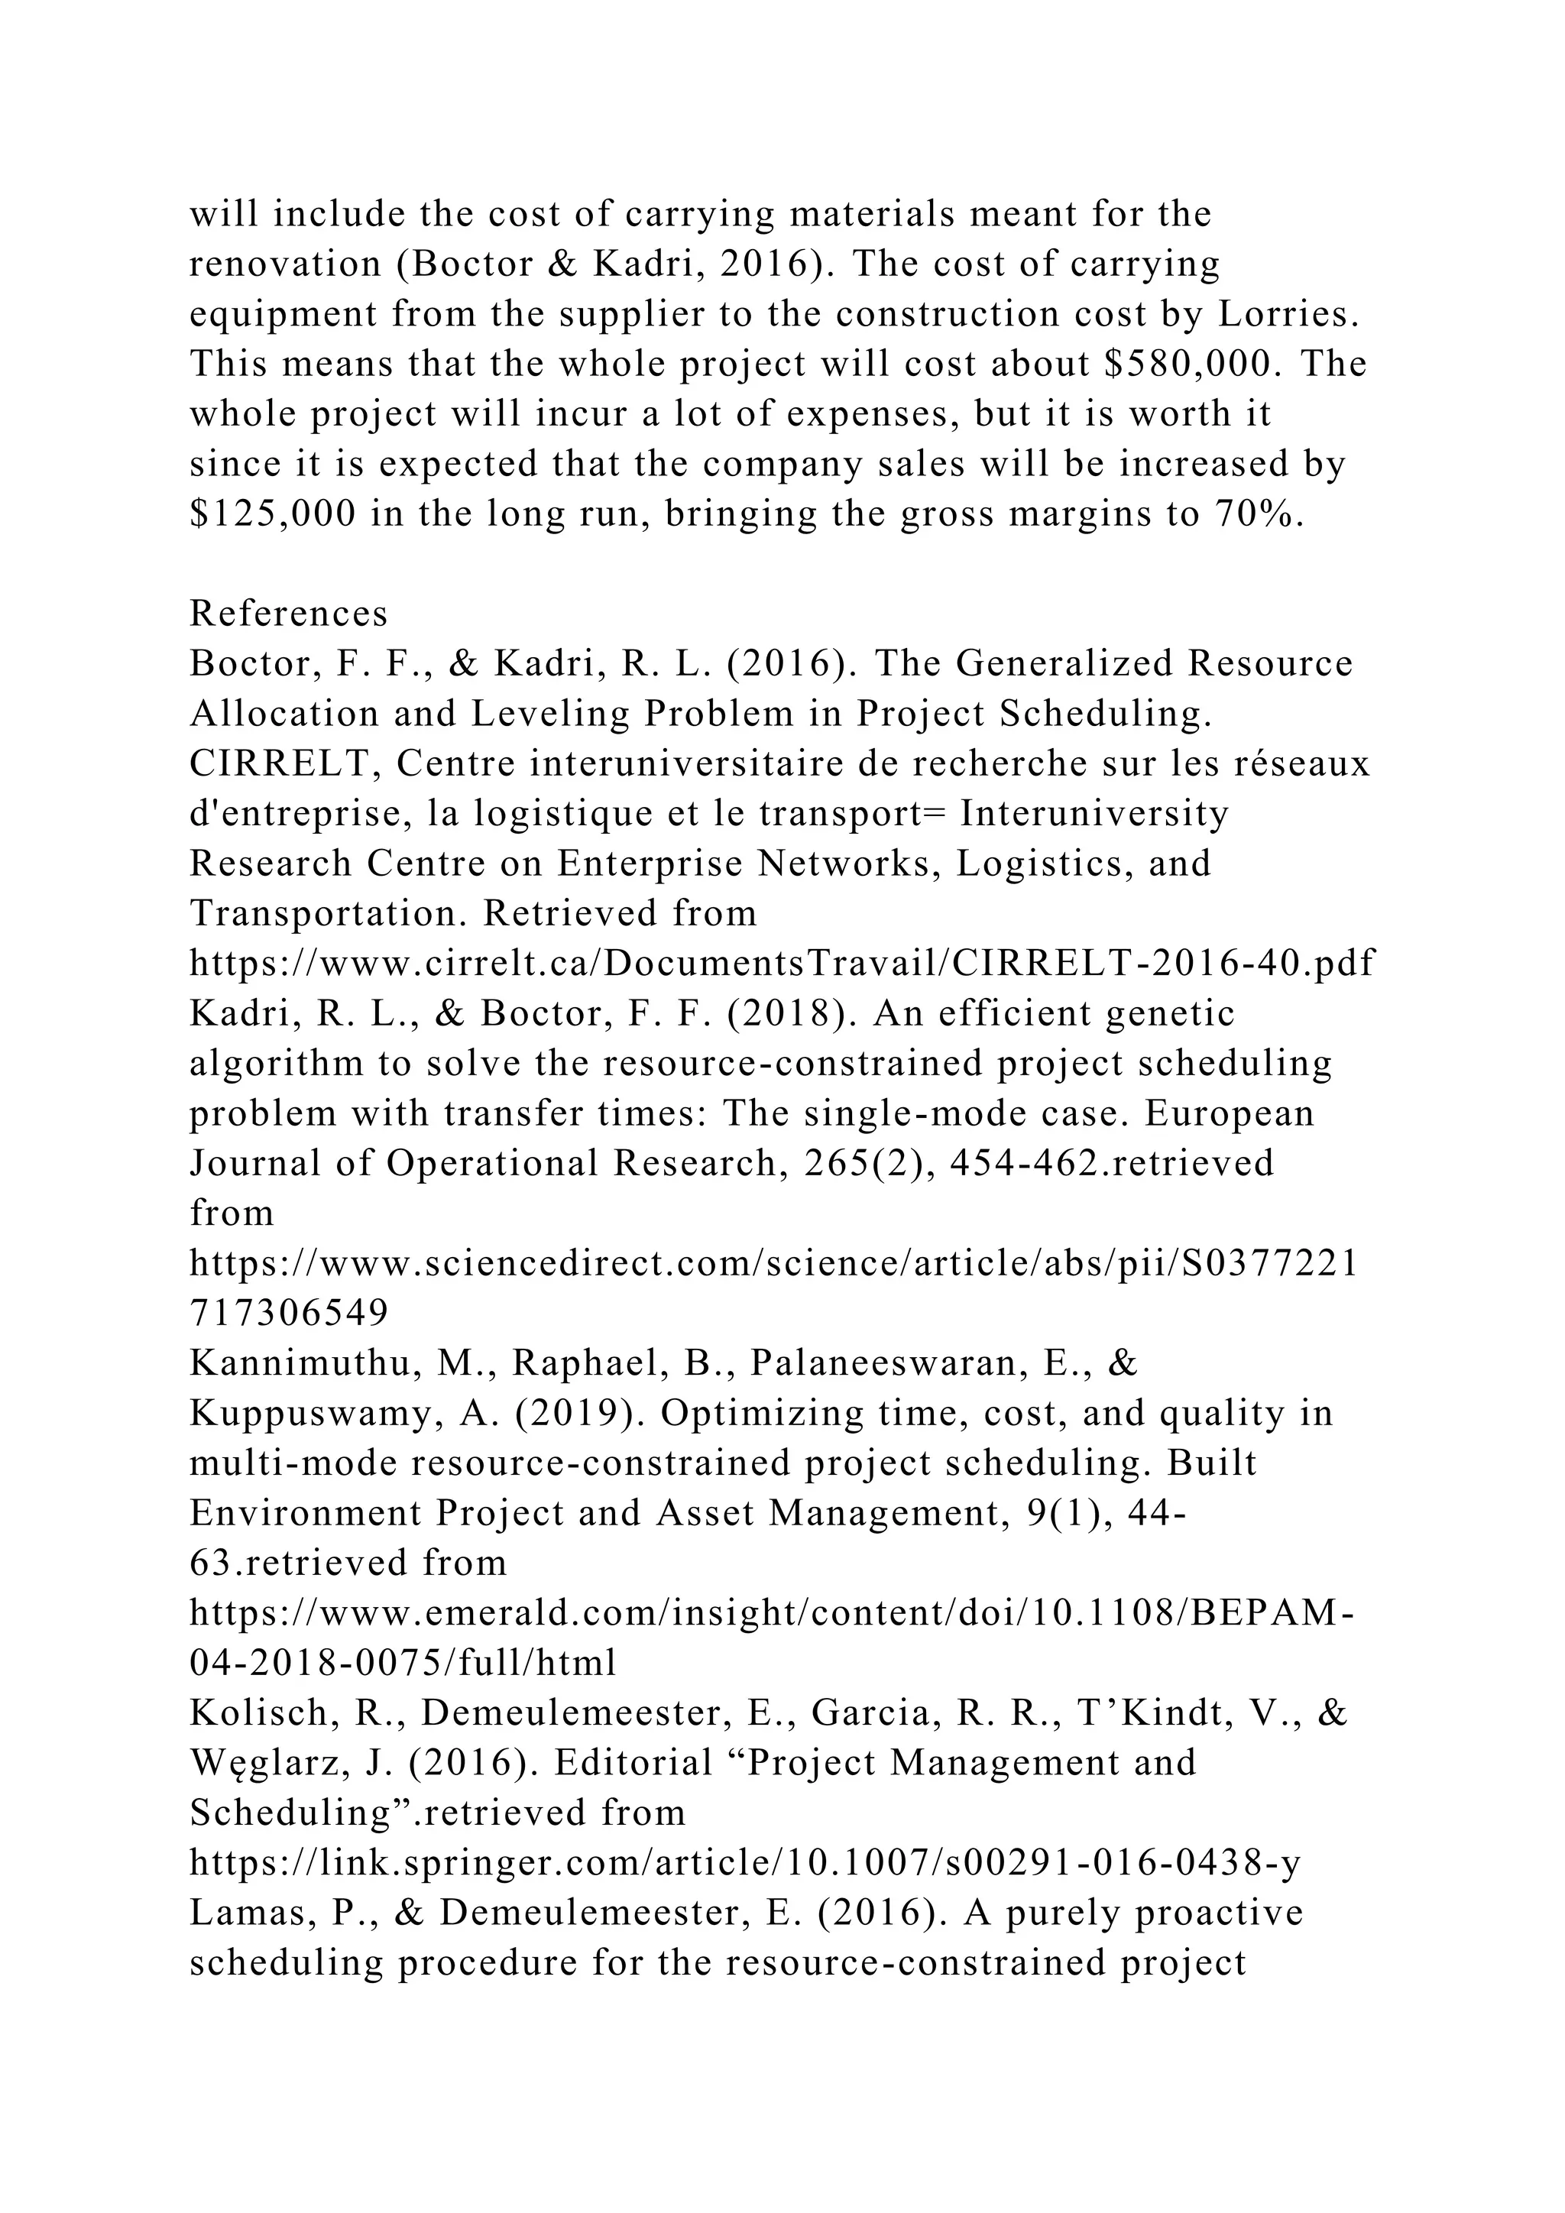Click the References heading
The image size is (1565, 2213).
pyautogui.click(x=288, y=614)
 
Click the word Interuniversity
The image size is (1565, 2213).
pyautogui.click(x=1095, y=815)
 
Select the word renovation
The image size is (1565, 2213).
pyautogui.click(x=285, y=264)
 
